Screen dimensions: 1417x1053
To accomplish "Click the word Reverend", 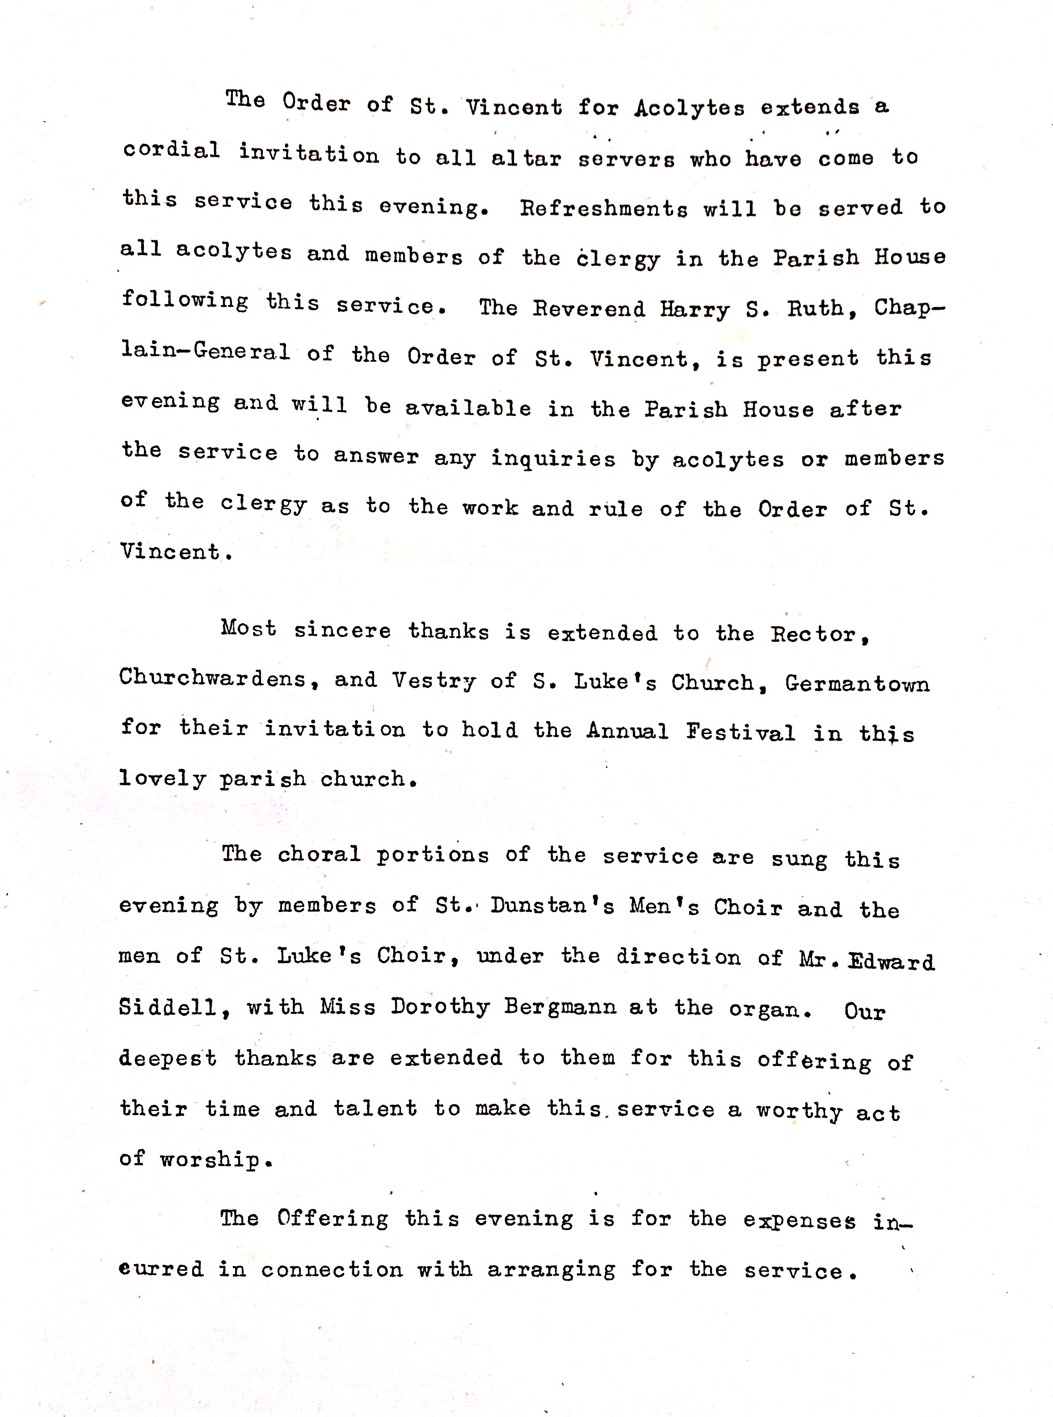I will tap(589, 309).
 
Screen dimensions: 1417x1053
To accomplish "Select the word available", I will tap(468, 408).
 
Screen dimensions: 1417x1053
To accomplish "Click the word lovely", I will tap(163, 779).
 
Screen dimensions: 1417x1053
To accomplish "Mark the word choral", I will tap(319, 854).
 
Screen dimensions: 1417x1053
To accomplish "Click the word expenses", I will tap(799, 1220).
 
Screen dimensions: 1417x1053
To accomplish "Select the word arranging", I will tap(552, 1270).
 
